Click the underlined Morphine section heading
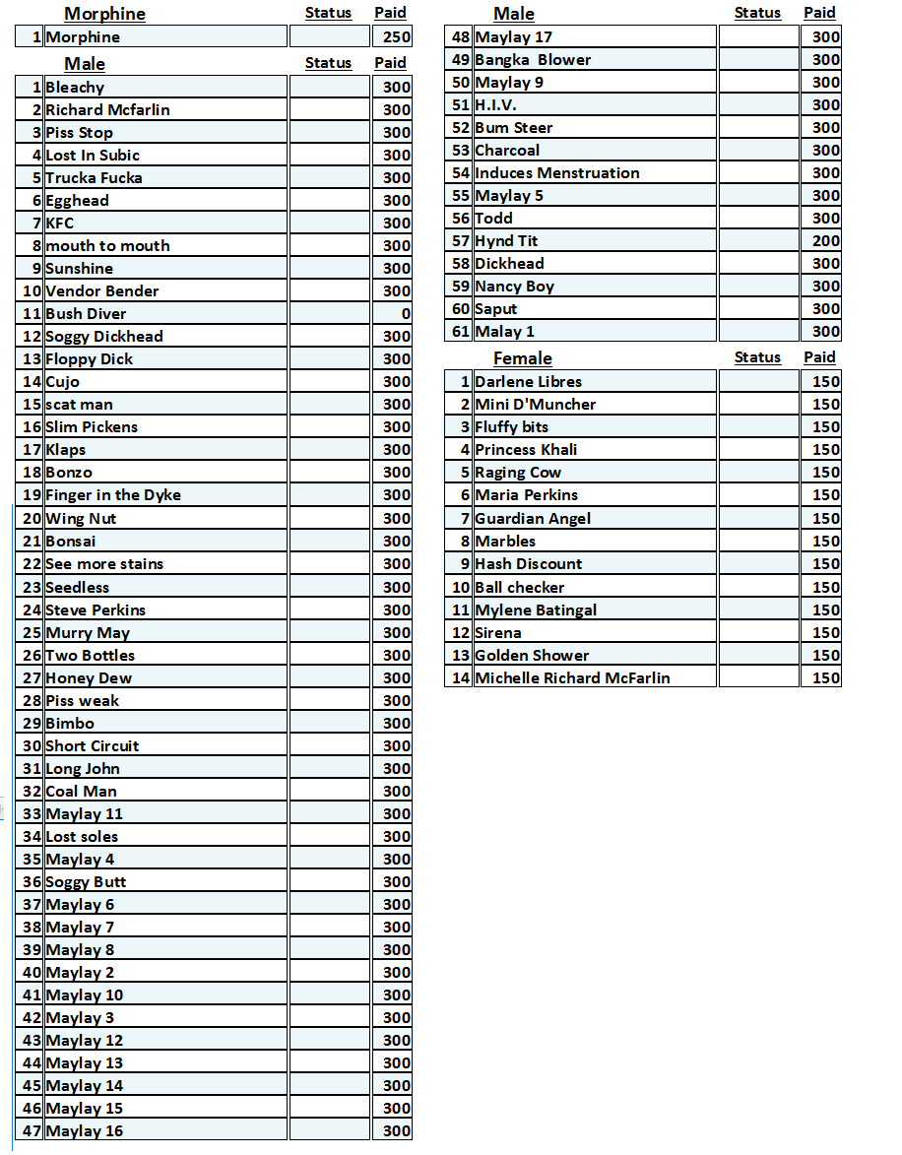click(x=104, y=14)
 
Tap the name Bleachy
click(x=75, y=88)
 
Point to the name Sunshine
click(x=79, y=269)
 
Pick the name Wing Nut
click(x=81, y=519)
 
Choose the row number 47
click(x=32, y=1131)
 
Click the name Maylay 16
click(x=85, y=1131)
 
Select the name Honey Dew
click(x=89, y=678)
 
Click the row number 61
click(x=461, y=332)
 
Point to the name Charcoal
click(x=507, y=151)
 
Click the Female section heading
click(x=522, y=358)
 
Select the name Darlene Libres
click(x=528, y=382)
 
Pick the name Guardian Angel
click(x=533, y=519)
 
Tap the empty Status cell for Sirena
click(x=757, y=633)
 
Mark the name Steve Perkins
click(x=96, y=610)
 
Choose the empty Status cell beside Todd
click(x=757, y=219)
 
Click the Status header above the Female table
click(x=757, y=357)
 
